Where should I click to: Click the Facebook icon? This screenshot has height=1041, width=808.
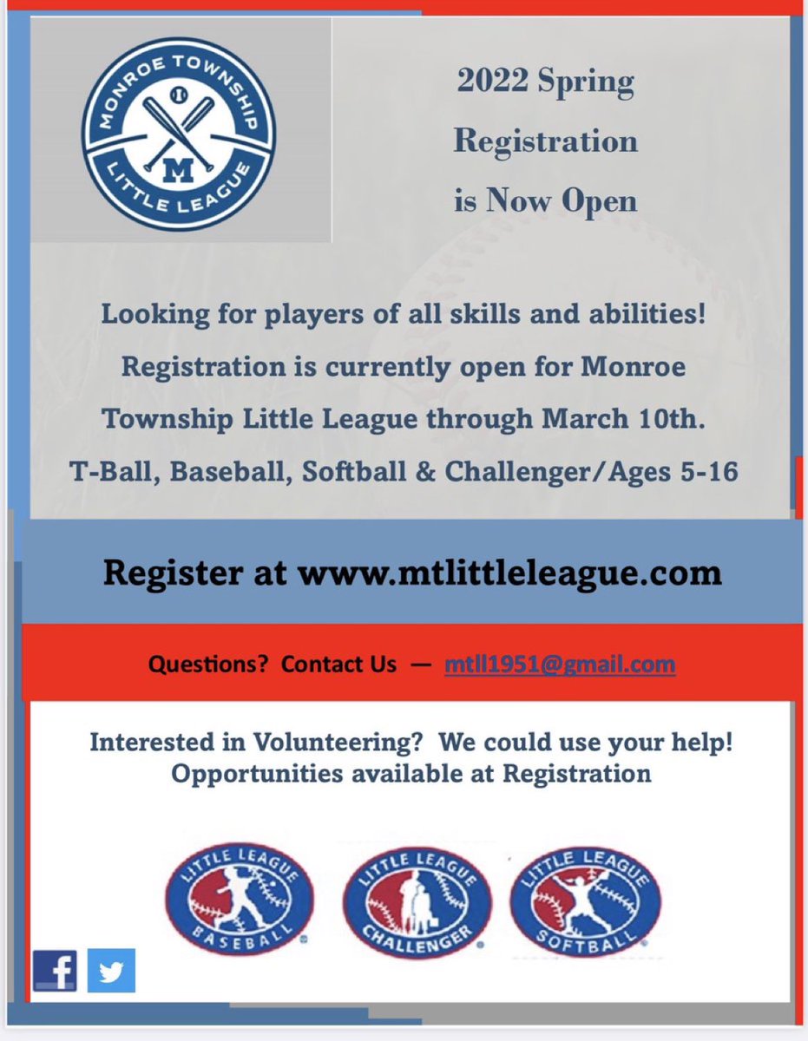[x=55, y=971]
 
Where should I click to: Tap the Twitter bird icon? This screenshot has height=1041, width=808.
[x=111, y=971]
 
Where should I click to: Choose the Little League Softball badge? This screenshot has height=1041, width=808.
[x=586, y=897]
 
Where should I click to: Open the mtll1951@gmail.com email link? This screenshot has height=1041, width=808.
[x=560, y=665]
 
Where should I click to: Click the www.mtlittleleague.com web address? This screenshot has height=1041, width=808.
[x=510, y=573]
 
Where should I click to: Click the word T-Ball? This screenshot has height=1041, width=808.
[x=99, y=473]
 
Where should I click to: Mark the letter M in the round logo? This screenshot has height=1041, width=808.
[x=178, y=172]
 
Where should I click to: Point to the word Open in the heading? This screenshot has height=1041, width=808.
[x=596, y=200]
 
